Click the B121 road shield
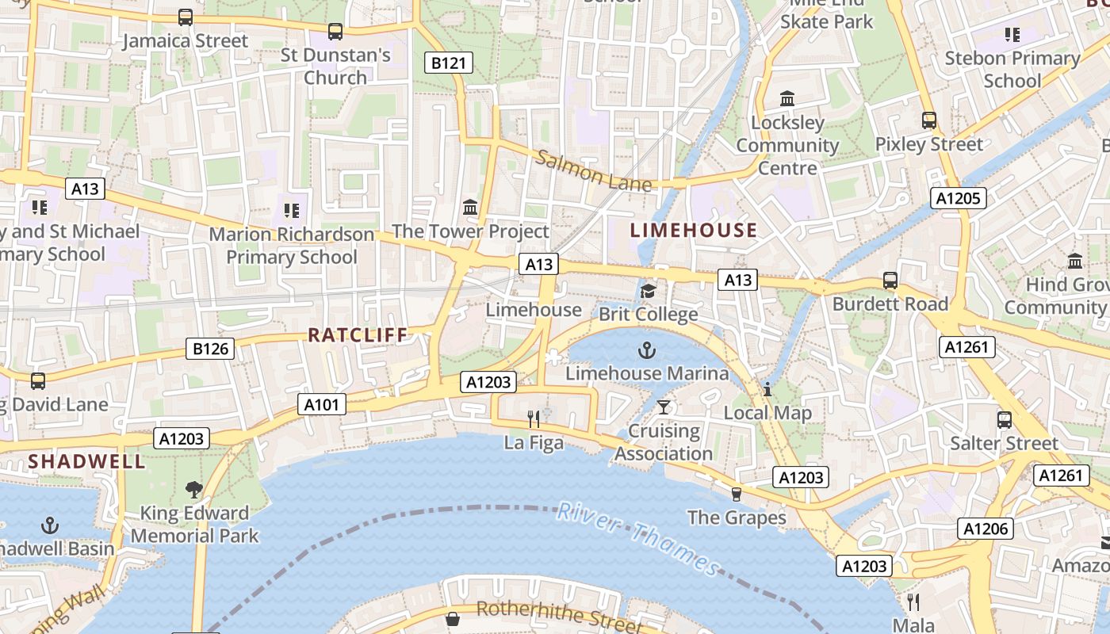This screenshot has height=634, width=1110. click(x=449, y=63)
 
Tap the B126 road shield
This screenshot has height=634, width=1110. click(x=210, y=349)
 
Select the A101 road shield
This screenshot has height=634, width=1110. click(x=322, y=405)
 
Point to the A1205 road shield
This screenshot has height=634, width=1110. click(x=959, y=198)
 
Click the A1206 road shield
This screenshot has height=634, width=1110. click(x=985, y=529)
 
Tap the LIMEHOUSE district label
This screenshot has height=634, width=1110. click(x=694, y=231)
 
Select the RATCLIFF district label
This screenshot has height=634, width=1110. click(x=358, y=335)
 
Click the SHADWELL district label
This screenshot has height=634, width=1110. click(x=87, y=461)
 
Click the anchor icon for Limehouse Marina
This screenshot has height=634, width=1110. click(x=648, y=349)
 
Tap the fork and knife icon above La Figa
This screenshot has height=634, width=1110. click(x=534, y=418)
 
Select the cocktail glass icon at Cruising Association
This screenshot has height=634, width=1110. click(x=664, y=407)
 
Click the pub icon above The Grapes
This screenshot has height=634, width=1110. click(x=737, y=495)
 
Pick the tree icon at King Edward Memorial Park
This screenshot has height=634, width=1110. click(x=194, y=489)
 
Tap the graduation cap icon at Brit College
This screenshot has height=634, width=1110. click(x=648, y=291)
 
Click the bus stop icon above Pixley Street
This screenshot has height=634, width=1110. click(x=929, y=120)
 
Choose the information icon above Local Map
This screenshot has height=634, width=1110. click(x=767, y=389)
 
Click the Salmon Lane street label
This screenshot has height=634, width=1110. click(x=594, y=171)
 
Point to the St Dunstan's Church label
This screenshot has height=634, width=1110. click(x=335, y=67)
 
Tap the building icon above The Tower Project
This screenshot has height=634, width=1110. click(x=470, y=208)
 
